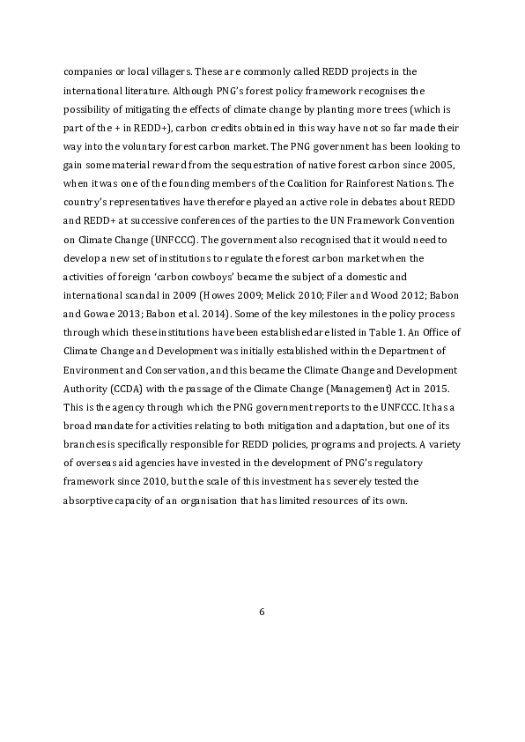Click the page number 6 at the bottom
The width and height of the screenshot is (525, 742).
tap(262, 612)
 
